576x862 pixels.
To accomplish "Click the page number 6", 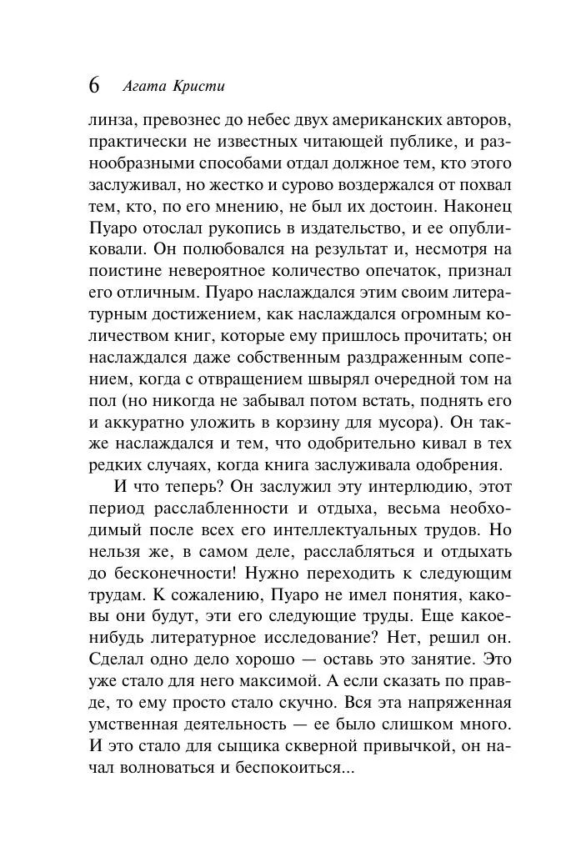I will coord(93,85).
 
